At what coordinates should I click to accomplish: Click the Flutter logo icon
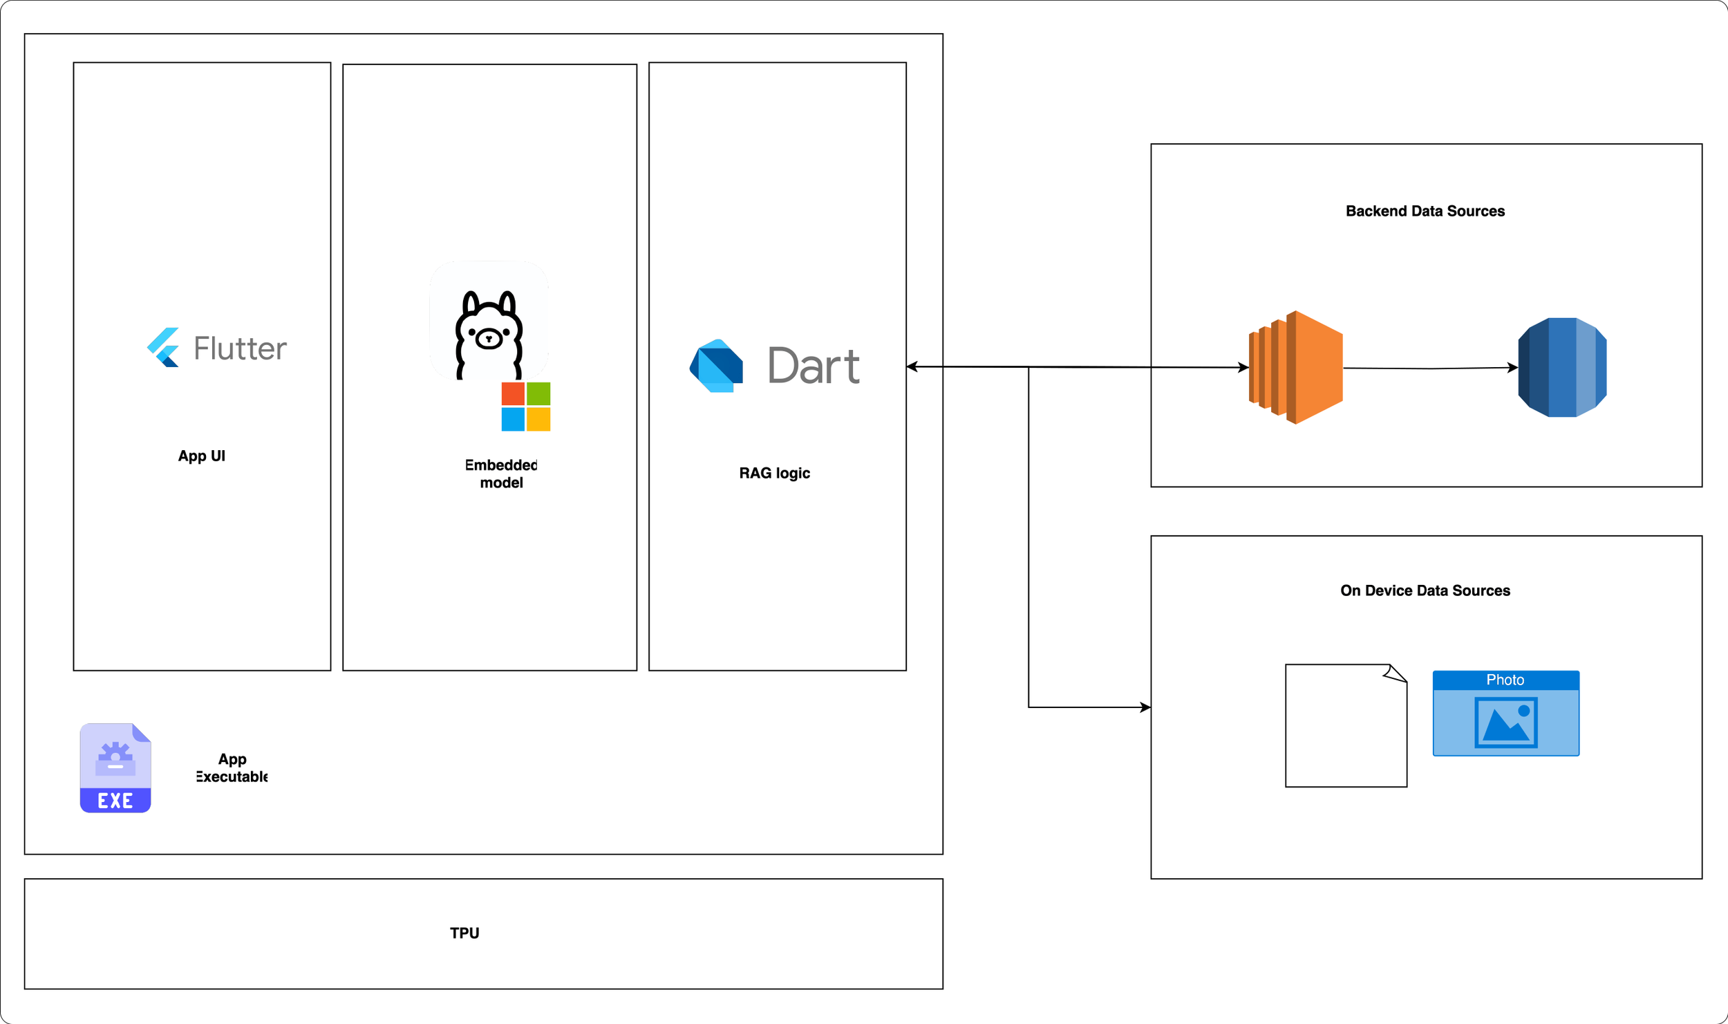[164, 347]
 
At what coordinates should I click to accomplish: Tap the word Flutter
[240, 348]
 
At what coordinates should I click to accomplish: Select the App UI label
[201, 456]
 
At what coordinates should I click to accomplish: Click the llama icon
[489, 332]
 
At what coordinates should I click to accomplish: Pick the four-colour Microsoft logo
[525, 407]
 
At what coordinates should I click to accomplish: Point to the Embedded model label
[501, 474]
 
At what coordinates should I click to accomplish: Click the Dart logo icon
[716, 366]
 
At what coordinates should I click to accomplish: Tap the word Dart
[814, 366]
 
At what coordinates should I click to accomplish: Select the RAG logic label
[774, 474]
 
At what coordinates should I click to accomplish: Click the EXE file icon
[115, 767]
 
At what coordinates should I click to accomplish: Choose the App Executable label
[232, 767]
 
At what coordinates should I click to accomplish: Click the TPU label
[464, 933]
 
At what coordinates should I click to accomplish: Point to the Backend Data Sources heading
[1425, 212]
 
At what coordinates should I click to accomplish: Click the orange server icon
[1296, 367]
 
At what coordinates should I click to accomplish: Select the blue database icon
[1562, 367]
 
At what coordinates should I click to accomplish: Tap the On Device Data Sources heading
[1425, 591]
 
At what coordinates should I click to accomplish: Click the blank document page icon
[1345, 726]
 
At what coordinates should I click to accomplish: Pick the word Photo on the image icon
[1505, 680]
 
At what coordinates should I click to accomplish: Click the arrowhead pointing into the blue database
[1512, 368]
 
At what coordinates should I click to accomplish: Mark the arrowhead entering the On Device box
[1145, 707]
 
